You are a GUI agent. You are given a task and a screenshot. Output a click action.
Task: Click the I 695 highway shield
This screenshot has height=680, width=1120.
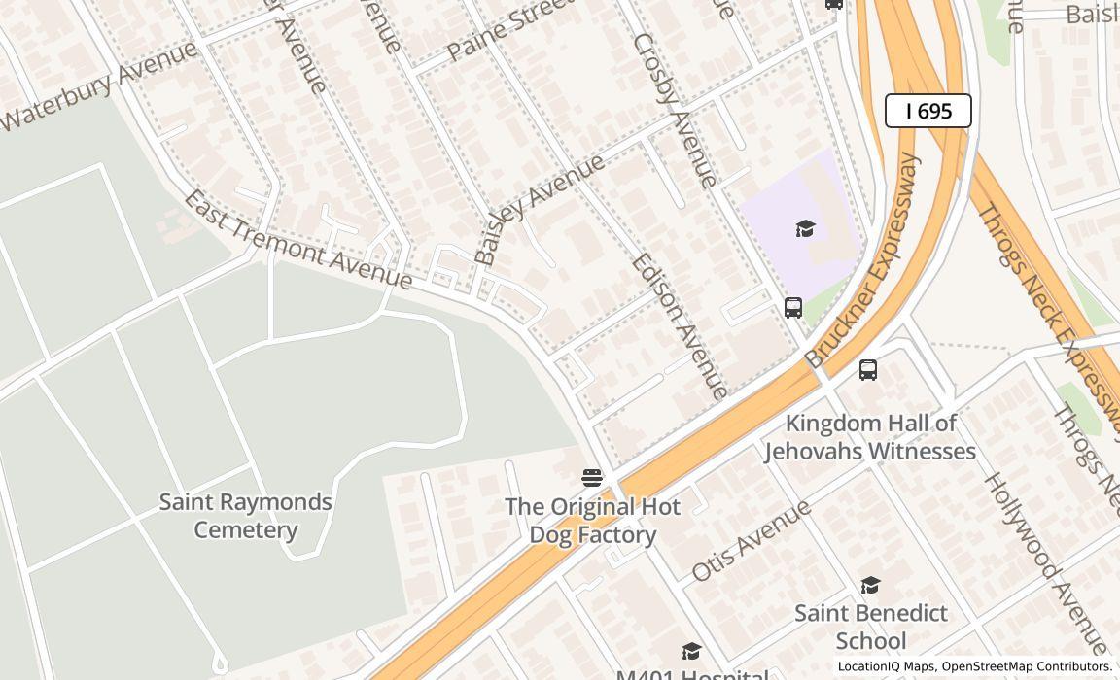927,111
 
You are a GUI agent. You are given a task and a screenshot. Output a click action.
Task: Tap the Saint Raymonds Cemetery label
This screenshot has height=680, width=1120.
245,516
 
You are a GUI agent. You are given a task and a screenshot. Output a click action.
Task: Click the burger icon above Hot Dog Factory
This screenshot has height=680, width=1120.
592,477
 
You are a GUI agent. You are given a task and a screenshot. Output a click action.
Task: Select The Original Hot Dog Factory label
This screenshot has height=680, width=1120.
592,521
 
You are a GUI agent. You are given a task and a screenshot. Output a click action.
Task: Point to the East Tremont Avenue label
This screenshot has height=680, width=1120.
297,240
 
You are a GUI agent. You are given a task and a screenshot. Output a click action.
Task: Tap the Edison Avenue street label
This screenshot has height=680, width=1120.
680,325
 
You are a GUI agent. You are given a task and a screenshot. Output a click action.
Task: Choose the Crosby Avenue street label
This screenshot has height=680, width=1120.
675,110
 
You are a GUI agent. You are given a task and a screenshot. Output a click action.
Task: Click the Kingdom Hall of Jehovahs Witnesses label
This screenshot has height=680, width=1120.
869,437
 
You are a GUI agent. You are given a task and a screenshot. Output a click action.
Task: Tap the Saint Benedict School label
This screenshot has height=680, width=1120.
870,627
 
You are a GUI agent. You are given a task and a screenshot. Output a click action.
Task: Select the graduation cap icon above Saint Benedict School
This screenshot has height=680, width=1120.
870,585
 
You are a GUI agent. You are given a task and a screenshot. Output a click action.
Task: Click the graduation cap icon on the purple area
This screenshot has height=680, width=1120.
805,228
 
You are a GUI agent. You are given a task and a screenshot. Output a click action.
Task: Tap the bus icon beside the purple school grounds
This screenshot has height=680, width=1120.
793,308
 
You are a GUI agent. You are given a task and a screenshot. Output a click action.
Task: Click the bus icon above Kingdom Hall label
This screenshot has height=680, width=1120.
868,370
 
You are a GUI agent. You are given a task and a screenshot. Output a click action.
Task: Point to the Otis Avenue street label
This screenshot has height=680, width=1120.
751,540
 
